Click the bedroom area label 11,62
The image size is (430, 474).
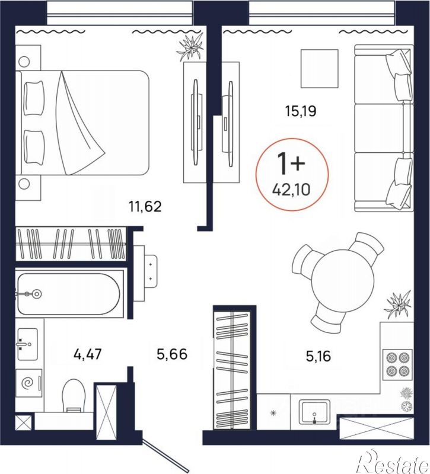[145, 207]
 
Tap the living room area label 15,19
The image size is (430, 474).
[301, 111]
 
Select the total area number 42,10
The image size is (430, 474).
[291, 190]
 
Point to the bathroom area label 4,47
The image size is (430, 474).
[87, 354]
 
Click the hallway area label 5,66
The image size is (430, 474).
[172, 354]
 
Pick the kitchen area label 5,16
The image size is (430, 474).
[318, 357]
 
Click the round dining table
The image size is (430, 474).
[343, 280]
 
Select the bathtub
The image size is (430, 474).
[68, 294]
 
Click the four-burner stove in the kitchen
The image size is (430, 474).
[397, 364]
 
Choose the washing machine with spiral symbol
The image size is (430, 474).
[28, 383]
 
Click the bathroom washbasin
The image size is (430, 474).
[27, 344]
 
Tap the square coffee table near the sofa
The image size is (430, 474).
[319, 69]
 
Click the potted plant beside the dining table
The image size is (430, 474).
[397, 306]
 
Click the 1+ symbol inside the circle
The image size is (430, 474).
[291, 164]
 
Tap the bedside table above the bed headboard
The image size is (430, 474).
[27, 58]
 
